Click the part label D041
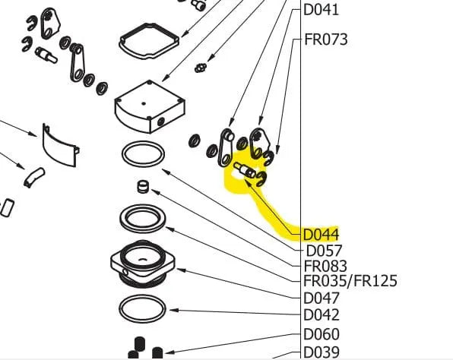(321, 10)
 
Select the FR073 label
(326, 39)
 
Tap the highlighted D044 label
(321, 235)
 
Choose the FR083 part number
(325, 266)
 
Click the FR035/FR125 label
(350, 281)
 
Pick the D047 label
(322, 298)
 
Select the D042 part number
(322, 315)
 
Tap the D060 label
(322, 334)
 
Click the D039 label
(322, 352)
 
